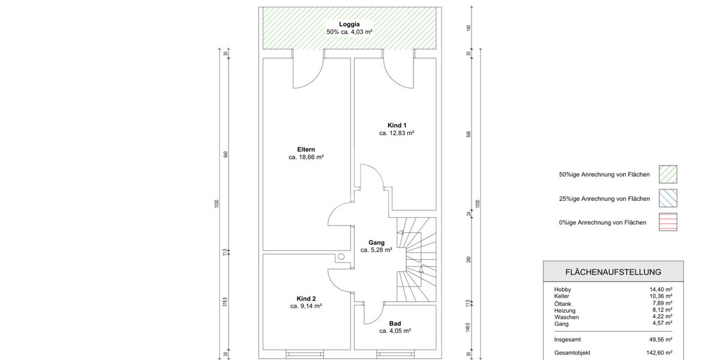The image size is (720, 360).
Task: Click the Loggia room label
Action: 349,24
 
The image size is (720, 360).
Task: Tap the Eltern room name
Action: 306,149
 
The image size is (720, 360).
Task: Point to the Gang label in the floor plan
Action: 376,242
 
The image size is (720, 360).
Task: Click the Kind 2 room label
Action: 306,299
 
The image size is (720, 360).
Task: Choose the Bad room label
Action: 395,323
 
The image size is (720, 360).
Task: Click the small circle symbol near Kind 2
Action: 341,257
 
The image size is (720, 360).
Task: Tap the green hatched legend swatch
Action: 668,174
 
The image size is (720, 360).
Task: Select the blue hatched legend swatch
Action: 668,198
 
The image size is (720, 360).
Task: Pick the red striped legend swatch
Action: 668,222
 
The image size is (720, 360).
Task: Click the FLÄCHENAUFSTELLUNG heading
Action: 613,272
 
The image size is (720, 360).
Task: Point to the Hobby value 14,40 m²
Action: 661,289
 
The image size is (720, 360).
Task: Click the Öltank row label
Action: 563,304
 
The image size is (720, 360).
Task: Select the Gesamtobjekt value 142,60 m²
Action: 659,353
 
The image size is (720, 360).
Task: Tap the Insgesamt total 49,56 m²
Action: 661,340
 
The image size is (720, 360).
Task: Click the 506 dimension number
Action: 469,134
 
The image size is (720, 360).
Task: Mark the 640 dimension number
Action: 226,154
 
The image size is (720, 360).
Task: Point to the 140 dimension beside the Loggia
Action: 469,28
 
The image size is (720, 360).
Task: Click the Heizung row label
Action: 565,311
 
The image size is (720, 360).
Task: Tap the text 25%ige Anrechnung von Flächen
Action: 604,199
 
